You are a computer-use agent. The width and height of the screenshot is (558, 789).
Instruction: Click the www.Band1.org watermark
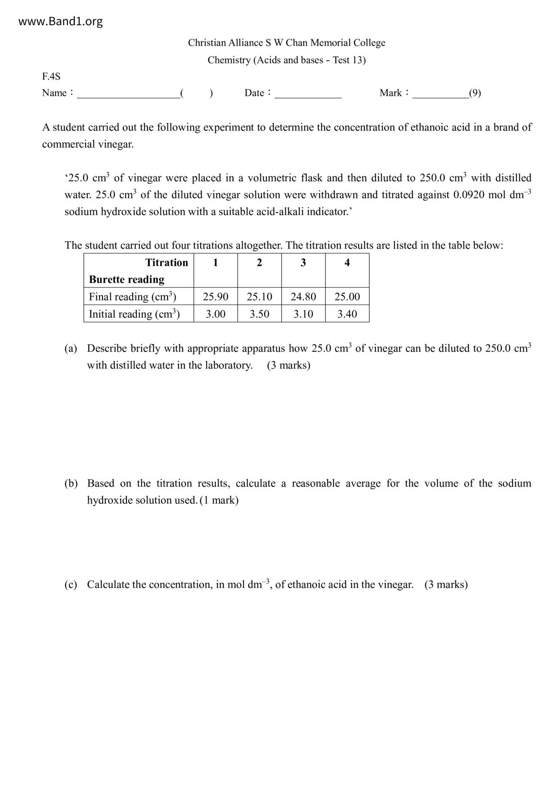point(60,22)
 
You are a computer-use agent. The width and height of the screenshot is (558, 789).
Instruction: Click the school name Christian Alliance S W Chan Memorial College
point(287,43)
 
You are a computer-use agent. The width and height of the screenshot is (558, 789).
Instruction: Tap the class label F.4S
point(51,76)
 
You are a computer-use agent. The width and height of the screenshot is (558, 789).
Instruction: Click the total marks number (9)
point(475,93)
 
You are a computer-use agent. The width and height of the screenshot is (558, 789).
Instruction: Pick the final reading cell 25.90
point(216,297)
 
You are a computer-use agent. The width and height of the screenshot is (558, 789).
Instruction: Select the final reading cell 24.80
point(303,297)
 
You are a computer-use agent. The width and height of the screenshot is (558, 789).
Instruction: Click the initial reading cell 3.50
point(260,314)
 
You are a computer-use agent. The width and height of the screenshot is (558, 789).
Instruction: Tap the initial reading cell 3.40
point(347,314)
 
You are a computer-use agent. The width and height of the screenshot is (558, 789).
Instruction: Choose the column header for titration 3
point(303,263)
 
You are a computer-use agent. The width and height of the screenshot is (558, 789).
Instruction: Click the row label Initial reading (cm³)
point(134,314)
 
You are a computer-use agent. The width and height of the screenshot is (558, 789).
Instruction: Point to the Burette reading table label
point(126,279)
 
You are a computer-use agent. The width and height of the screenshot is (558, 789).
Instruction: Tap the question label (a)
point(71,349)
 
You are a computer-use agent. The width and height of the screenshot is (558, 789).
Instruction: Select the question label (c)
point(71,584)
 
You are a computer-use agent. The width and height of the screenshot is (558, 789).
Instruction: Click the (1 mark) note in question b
point(219,500)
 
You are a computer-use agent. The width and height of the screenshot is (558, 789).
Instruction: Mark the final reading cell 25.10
point(260,297)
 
